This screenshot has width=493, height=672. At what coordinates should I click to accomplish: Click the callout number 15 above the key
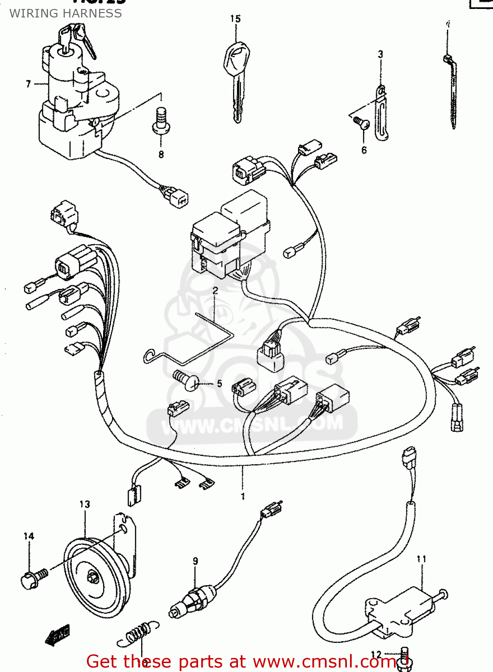pyautogui.click(x=235, y=19)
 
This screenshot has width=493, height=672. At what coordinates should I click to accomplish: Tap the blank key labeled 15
pyautogui.click(x=236, y=76)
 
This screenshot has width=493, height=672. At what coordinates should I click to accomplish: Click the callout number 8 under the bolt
pyautogui.click(x=161, y=155)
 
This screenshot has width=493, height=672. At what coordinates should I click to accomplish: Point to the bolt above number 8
pyautogui.click(x=161, y=121)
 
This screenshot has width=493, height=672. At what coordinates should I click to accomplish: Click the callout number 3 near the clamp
pyautogui.click(x=381, y=55)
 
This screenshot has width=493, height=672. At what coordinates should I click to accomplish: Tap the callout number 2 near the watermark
pyautogui.click(x=215, y=291)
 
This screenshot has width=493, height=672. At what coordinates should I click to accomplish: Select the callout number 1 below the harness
pyautogui.click(x=242, y=496)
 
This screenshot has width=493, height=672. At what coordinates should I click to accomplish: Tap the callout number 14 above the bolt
pyautogui.click(x=29, y=536)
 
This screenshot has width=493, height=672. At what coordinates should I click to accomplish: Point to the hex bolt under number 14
pyautogui.click(x=32, y=578)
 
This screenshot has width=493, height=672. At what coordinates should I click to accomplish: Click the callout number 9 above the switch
pyautogui.click(x=195, y=561)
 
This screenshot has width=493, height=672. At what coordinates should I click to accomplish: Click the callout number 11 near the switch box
pyautogui.click(x=421, y=559)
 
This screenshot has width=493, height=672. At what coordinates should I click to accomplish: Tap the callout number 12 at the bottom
pyautogui.click(x=376, y=655)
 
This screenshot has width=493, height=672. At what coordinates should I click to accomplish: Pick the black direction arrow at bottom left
pyautogui.click(x=58, y=634)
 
